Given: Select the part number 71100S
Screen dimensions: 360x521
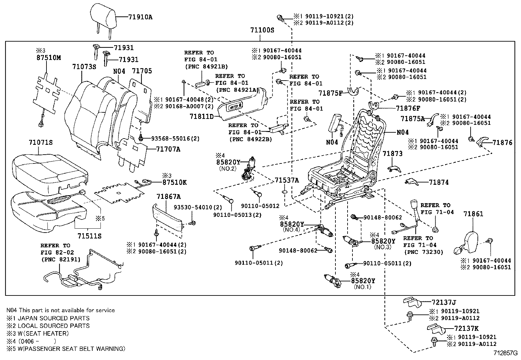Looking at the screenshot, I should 262,30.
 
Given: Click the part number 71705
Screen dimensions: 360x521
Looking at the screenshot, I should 142,71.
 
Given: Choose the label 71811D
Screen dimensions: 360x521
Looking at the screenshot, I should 201,116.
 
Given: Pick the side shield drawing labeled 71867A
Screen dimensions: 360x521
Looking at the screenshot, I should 168,218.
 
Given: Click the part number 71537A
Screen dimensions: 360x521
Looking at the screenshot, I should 287,180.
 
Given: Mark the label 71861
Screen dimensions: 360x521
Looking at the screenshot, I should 473,214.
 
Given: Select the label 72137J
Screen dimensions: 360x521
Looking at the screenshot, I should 444,302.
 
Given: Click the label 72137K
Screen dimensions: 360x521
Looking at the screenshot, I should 466,329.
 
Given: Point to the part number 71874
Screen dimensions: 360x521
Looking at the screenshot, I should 439,182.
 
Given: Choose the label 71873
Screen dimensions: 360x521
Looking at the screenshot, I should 393,154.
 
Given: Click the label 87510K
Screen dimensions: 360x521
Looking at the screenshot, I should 174,182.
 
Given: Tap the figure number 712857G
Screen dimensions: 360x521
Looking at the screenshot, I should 506,353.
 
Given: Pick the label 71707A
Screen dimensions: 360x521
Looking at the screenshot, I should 168,149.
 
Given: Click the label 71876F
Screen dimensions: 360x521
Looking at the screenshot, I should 408,108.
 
